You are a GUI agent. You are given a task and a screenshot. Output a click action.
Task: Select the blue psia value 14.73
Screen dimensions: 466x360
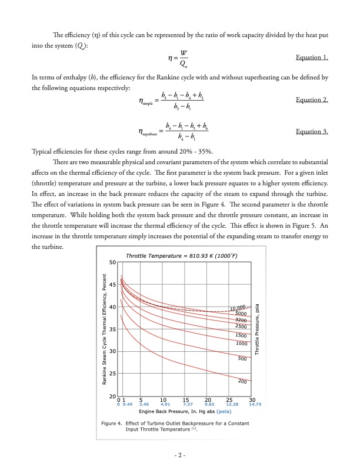pos(255,405)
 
